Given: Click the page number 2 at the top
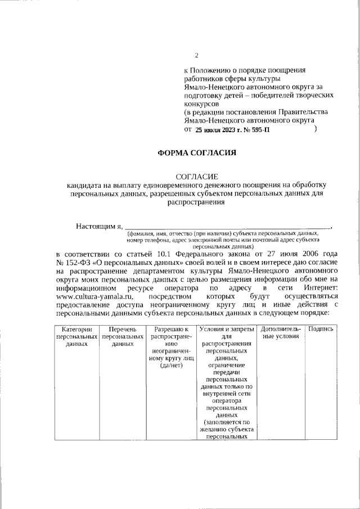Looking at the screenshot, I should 196,55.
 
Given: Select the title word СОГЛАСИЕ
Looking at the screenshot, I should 196,177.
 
